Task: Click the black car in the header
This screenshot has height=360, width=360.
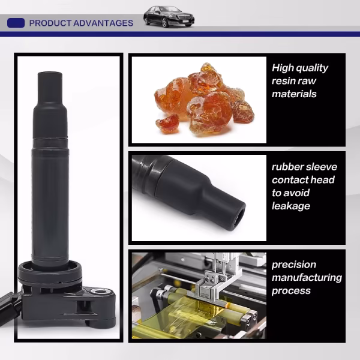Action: click(x=169, y=17)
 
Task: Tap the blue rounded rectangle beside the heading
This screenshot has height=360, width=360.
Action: click(x=16, y=23)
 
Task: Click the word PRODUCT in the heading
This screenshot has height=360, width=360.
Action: click(x=50, y=23)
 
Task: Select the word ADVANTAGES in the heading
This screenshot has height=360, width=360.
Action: click(x=103, y=23)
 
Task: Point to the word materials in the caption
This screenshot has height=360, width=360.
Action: click(x=294, y=94)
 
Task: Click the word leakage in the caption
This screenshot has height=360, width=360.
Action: click(x=291, y=206)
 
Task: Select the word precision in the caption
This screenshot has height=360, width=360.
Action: click(x=294, y=265)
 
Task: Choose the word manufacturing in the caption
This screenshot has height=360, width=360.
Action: click(x=307, y=278)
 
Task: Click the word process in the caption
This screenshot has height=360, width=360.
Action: click(x=291, y=291)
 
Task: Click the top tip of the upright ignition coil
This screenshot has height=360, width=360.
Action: click(x=50, y=73)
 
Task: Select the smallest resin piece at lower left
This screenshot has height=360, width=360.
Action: click(x=167, y=124)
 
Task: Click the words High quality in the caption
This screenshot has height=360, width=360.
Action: click(x=300, y=68)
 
